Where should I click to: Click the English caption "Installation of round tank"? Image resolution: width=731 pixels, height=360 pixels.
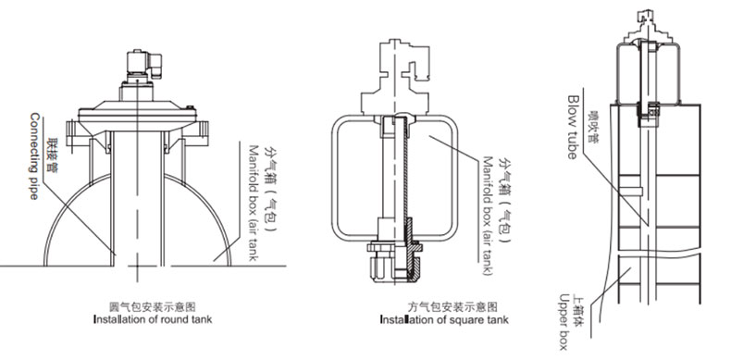coord(153,319)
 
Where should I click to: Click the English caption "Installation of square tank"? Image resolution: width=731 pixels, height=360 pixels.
coord(444,319)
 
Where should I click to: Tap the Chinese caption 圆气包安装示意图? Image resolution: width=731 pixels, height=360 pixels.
coord(153,307)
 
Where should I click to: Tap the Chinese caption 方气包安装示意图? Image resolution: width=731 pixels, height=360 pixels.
coord(452,307)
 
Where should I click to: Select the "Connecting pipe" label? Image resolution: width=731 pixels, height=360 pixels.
coord(34,155)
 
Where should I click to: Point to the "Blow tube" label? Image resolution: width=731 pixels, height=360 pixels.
coord(572,127)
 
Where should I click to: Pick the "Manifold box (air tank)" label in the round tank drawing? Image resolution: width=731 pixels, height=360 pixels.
coord(254,203)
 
